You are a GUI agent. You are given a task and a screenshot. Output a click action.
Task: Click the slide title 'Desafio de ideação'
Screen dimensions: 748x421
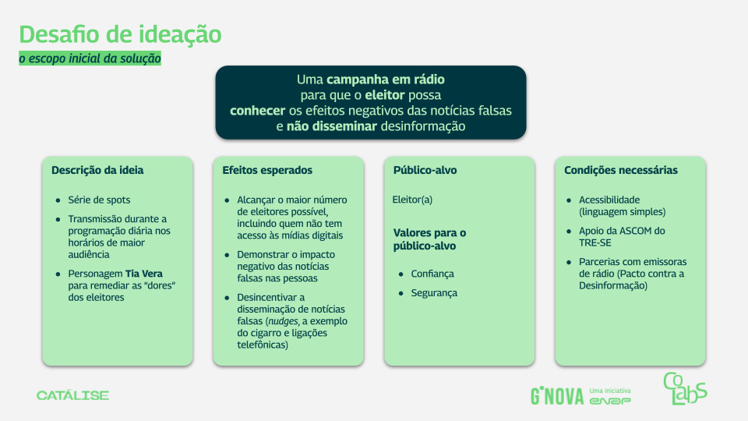(120, 35)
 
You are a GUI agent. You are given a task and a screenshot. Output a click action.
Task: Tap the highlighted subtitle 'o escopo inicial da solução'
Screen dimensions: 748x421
(90, 58)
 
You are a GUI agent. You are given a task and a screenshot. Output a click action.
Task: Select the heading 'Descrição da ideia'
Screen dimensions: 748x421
(97, 171)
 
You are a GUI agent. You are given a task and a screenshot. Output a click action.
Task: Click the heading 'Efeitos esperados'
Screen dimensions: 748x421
(267, 171)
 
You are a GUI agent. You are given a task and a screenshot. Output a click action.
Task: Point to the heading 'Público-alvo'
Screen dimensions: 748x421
(425, 171)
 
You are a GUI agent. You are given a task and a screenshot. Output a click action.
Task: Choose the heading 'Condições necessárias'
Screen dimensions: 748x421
(621, 171)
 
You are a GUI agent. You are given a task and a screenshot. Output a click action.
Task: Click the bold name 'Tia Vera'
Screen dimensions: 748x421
(144, 274)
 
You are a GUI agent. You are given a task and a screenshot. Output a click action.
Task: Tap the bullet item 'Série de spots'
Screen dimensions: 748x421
(99, 200)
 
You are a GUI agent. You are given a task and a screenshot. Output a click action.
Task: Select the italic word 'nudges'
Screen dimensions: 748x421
(283, 321)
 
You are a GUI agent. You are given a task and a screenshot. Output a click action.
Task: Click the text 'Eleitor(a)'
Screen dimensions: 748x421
(413, 200)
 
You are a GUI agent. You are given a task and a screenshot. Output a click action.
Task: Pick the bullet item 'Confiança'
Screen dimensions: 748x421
(432, 274)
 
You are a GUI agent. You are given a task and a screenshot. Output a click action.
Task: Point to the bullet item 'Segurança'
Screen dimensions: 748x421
(434, 293)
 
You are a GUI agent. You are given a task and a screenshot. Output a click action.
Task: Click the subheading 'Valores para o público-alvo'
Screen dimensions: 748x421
(430, 239)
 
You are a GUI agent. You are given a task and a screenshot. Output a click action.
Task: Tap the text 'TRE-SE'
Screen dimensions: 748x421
(595, 243)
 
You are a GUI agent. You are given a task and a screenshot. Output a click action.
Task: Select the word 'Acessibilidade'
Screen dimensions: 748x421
(609, 200)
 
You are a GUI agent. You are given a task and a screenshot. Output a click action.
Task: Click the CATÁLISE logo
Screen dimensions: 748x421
(73, 395)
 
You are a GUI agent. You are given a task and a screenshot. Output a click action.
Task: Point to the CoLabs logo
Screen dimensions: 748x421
(685, 388)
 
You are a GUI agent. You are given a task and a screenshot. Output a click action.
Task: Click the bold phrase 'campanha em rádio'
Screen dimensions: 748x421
(386, 80)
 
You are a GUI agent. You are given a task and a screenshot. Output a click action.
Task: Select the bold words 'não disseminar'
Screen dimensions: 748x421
(332, 126)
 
